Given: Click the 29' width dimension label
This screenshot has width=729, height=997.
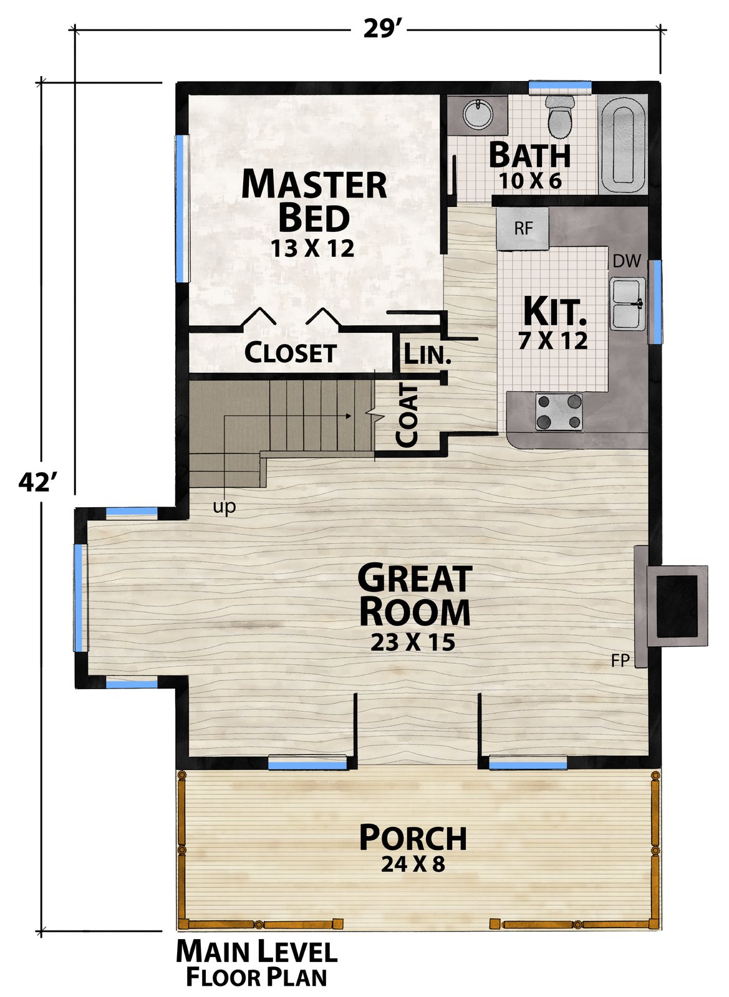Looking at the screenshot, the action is pos(379,29).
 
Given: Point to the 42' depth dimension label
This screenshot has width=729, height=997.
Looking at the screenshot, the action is pos(38,482).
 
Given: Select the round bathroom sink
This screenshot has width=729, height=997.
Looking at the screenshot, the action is pos(478,115).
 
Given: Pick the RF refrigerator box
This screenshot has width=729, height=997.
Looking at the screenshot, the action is pos(523,229).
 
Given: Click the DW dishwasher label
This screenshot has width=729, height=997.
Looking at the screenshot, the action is pos(627,261).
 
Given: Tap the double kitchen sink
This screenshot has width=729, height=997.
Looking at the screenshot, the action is pos(627,303).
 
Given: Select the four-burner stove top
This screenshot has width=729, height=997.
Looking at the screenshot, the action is pos(559,412).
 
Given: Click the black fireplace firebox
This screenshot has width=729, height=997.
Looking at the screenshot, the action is pos(677,606).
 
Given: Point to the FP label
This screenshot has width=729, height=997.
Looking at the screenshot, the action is pos(620,661).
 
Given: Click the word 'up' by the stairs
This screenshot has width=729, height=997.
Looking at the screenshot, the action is pos(224,507).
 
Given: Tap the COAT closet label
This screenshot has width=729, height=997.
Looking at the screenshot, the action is pos(407,416).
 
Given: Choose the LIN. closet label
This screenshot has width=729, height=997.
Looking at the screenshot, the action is pos(427,355).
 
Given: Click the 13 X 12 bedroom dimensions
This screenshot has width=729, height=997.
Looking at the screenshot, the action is pos(312,249).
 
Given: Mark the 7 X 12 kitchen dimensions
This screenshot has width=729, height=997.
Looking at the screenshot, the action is pos(553,340).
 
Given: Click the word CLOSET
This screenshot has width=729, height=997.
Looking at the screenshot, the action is pos(290,353).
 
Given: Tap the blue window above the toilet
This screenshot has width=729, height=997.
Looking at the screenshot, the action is pos(560,86).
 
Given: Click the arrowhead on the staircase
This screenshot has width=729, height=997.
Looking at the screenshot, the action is pos(348,416).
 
